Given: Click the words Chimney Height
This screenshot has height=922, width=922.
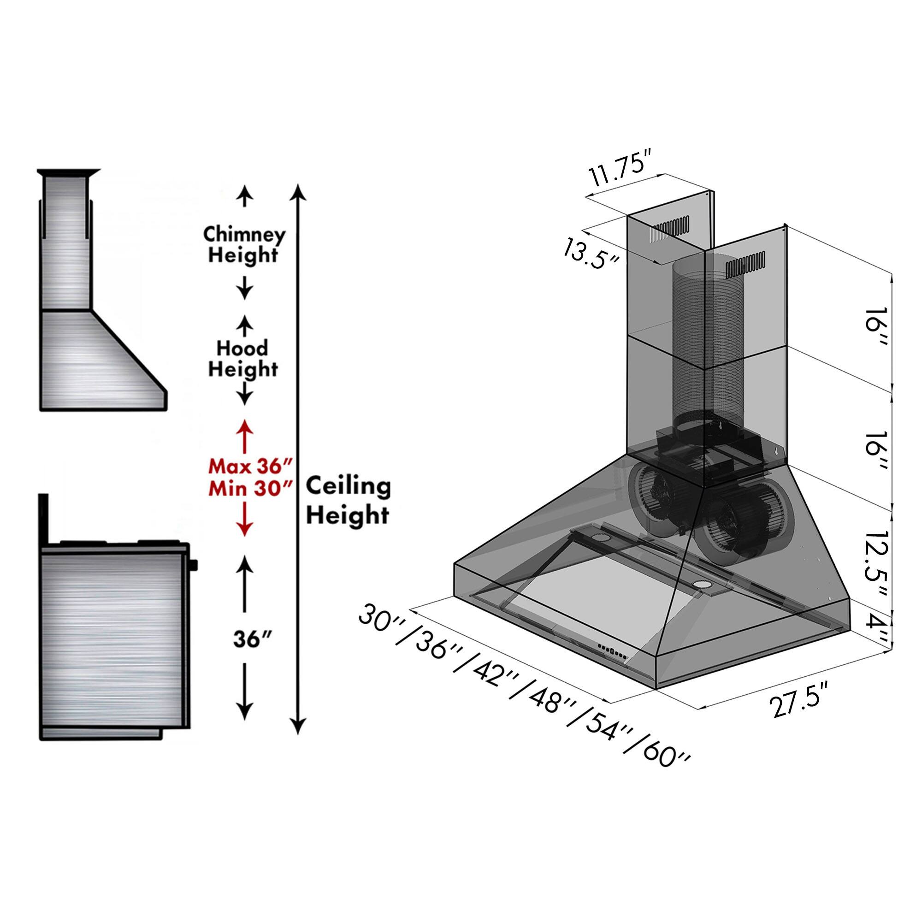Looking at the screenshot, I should tap(244, 245).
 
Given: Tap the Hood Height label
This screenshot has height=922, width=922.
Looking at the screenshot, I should tap(243, 358).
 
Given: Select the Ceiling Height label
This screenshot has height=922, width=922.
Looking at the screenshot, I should tap(348, 502).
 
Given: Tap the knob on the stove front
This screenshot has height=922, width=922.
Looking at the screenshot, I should tap(193, 566).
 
